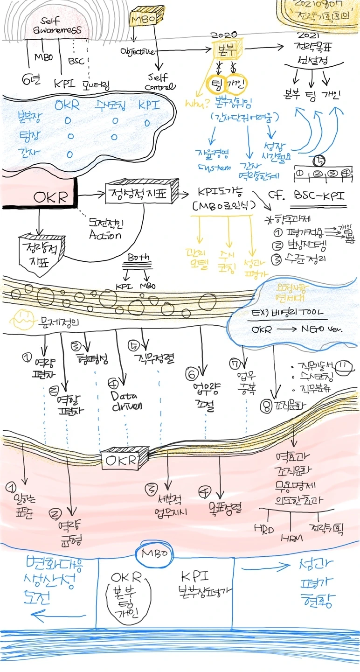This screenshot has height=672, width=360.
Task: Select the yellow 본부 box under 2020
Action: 226,49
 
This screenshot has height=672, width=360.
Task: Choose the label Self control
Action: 160,82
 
